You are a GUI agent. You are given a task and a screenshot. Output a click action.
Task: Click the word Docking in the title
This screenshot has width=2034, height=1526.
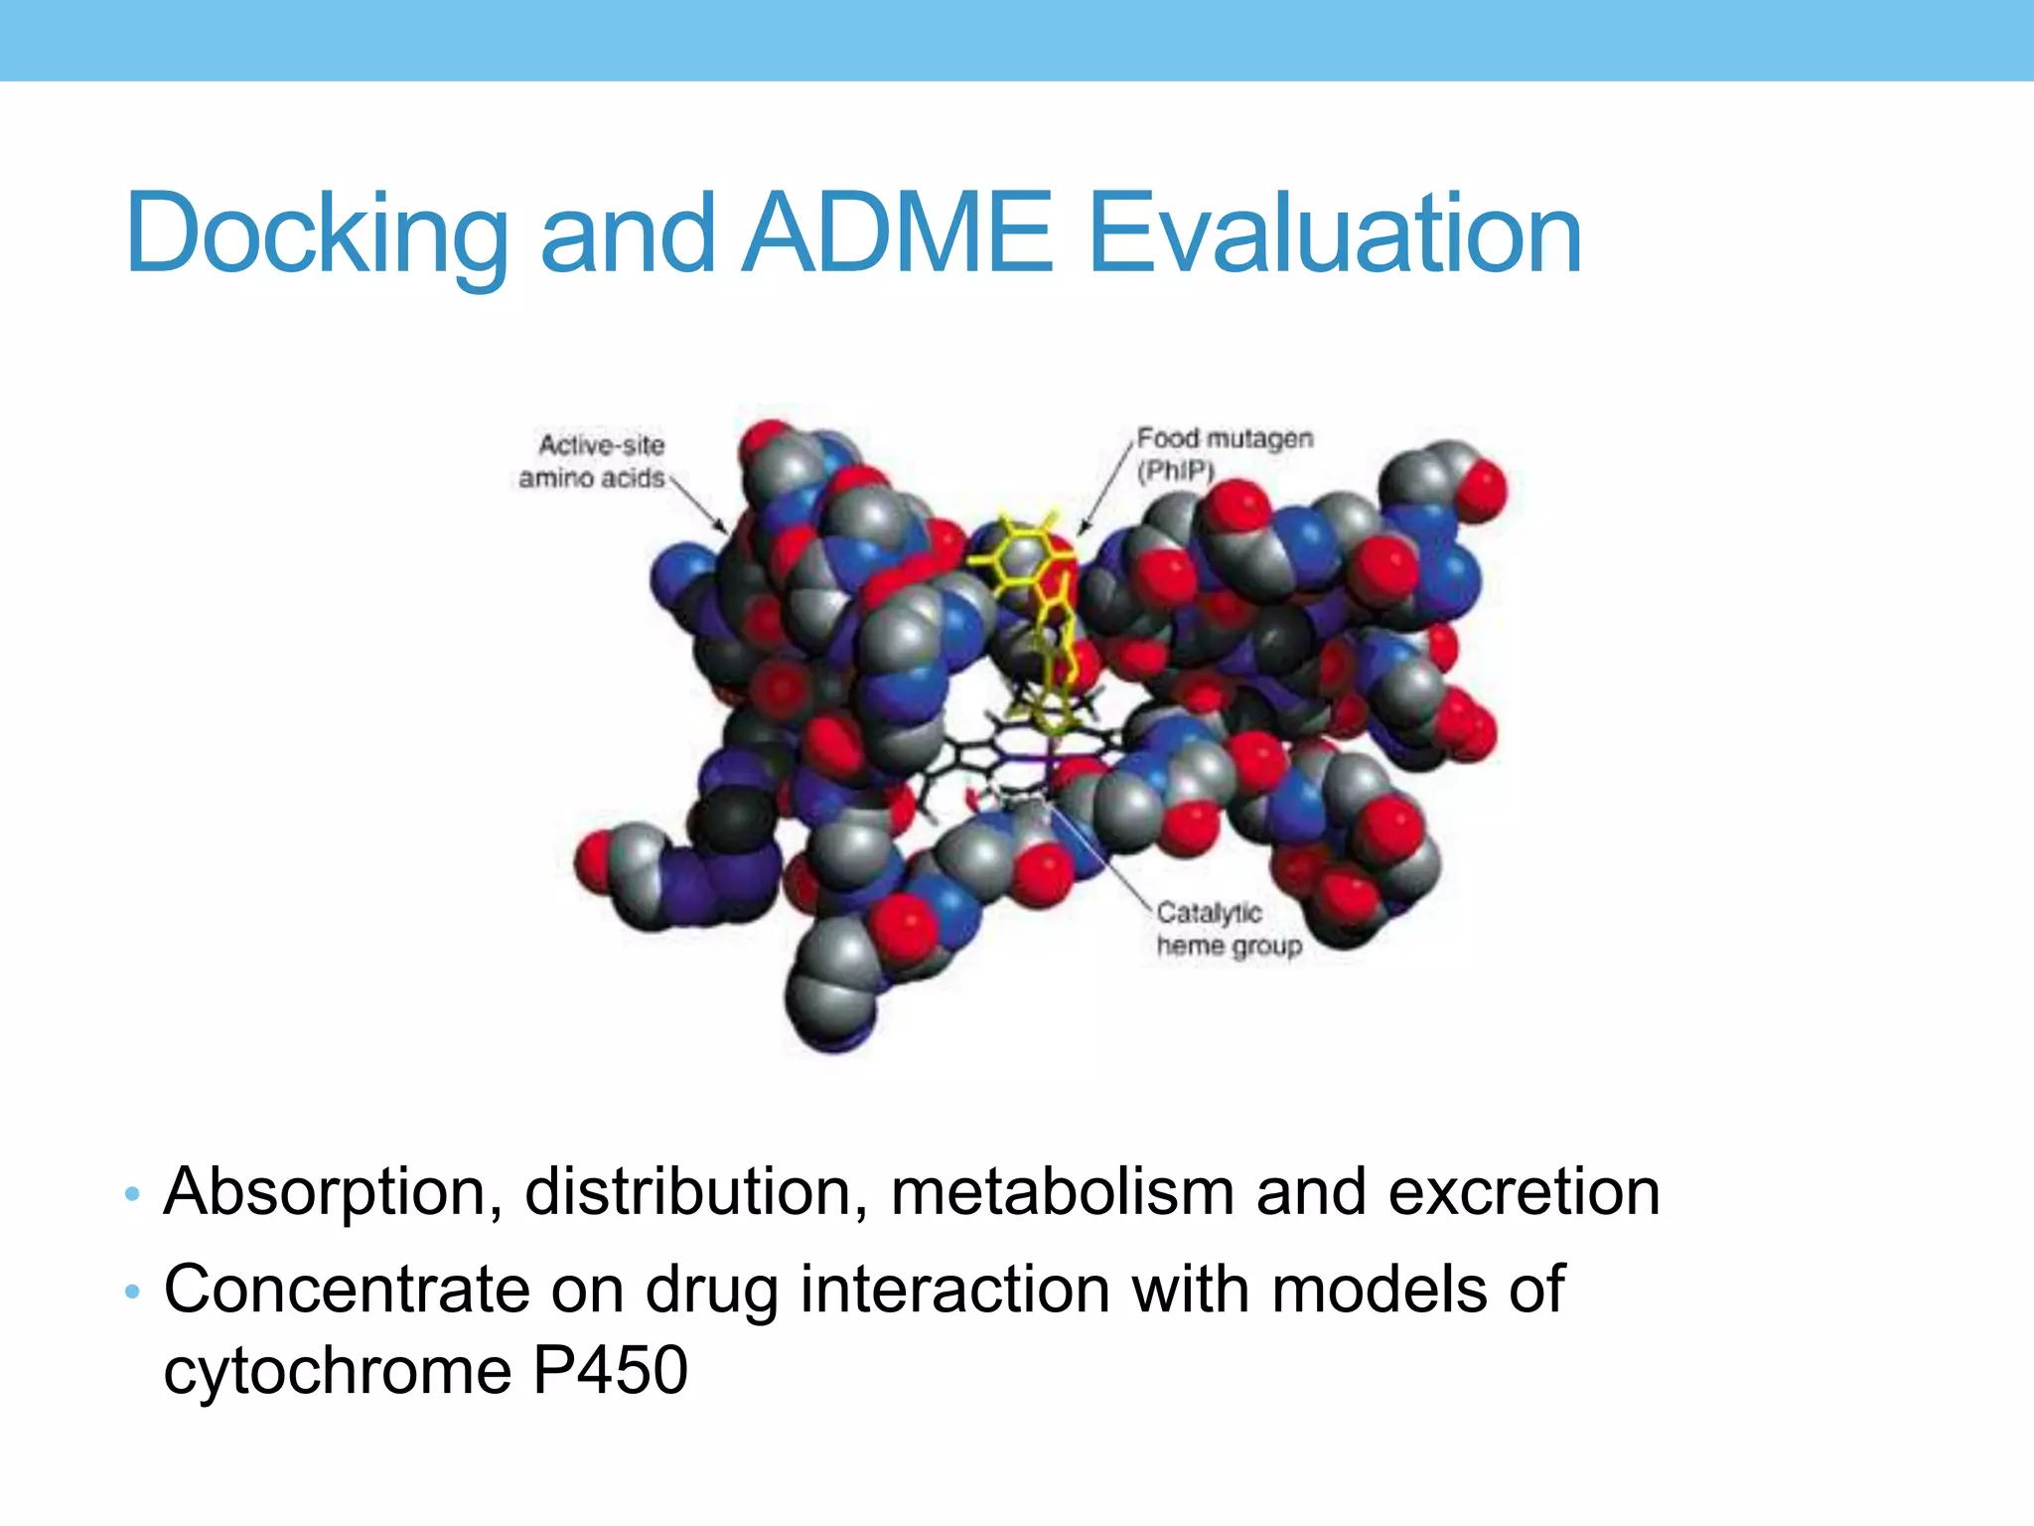tap(316, 234)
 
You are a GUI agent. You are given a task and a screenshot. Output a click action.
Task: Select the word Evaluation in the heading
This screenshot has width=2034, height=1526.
tap(1334, 234)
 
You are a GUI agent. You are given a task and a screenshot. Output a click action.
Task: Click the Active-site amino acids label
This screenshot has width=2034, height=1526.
tap(594, 462)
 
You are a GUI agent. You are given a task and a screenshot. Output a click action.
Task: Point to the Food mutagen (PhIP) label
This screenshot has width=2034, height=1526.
tap(1224, 453)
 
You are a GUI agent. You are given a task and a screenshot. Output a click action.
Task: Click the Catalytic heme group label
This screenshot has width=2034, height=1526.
tap(1228, 930)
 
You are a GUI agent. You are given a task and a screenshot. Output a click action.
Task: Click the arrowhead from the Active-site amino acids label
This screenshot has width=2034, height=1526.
tap(723, 530)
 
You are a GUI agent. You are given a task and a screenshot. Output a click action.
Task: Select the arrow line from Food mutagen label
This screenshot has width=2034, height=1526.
tap(1107, 487)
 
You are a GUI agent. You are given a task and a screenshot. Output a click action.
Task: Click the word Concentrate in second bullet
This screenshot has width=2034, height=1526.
tap(346, 1291)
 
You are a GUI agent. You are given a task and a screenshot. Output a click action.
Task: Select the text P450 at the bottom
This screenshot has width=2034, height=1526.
tap(610, 1371)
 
